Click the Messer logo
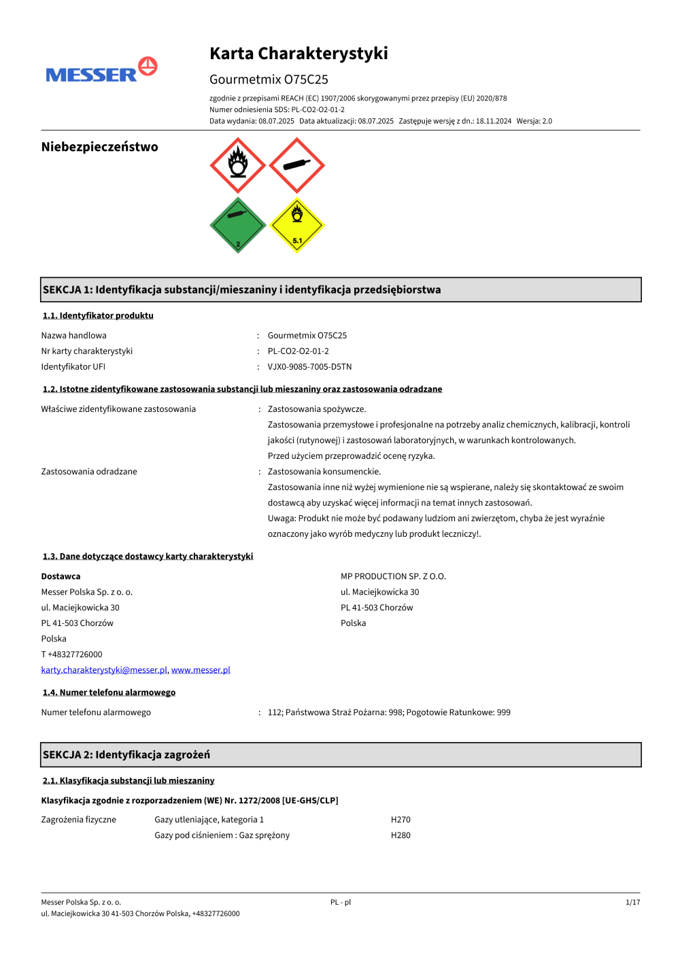(101, 71)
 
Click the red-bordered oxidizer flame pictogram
(237, 165)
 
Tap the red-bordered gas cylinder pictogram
(296, 165)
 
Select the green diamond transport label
(237, 225)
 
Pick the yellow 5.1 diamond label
(296, 225)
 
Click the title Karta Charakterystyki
(299, 54)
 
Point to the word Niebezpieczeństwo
(99, 147)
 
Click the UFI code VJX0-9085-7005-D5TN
(309, 367)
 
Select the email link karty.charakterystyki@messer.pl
(104, 670)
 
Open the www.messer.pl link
(201, 670)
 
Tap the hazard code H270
(401, 820)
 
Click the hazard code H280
(401, 835)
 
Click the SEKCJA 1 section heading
(241, 290)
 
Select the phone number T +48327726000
(71, 654)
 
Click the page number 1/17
(632, 903)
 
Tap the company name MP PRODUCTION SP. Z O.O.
(393, 576)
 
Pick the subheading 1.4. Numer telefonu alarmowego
(109, 693)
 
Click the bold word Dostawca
(61, 576)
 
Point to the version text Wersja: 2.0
(534, 121)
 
